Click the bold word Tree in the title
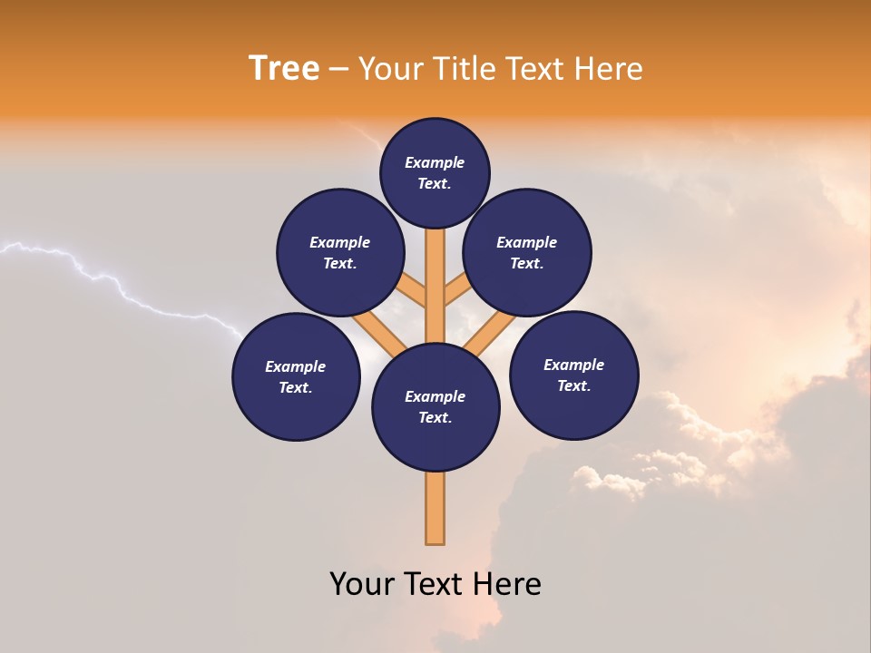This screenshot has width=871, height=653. click(284, 69)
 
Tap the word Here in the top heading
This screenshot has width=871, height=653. click(610, 69)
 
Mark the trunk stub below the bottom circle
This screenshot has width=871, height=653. click(435, 508)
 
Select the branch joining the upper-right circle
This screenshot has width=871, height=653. click(456, 291)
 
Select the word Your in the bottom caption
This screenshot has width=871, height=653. click(361, 584)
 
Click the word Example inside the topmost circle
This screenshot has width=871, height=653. click(435, 163)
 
